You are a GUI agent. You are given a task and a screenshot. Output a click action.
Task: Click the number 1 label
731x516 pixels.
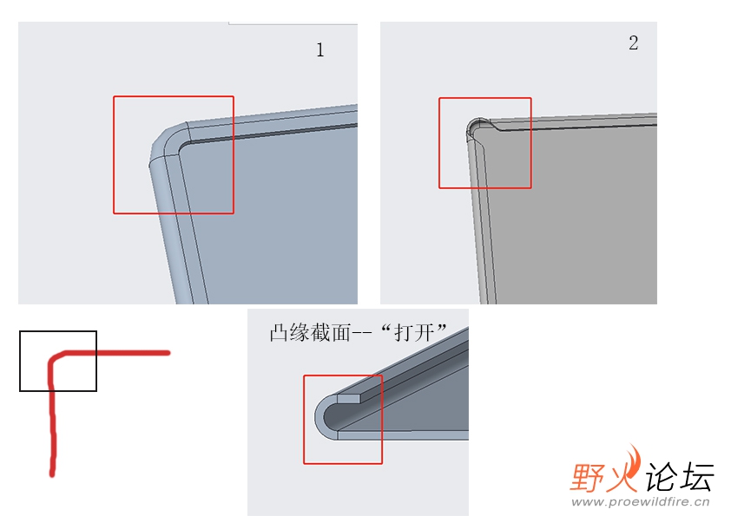(319, 49)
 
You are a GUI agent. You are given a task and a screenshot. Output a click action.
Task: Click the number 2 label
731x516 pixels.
(633, 42)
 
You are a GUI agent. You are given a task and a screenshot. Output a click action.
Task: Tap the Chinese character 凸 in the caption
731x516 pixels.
(279, 333)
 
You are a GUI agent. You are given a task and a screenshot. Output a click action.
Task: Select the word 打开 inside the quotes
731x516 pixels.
(414, 333)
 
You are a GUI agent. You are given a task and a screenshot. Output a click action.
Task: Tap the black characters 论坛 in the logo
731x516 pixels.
(680, 476)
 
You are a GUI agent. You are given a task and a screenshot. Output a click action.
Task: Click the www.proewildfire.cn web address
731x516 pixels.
(641, 501)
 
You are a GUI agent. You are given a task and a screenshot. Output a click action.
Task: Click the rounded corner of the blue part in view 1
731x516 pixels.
(166, 140)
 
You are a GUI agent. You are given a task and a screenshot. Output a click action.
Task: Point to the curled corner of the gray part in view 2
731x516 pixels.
(477, 127)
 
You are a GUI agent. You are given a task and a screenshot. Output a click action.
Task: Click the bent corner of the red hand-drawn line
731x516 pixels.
(55, 358)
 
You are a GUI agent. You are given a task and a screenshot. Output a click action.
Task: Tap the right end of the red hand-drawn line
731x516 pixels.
(168, 353)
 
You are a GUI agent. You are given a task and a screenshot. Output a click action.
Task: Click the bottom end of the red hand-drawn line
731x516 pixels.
(52, 474)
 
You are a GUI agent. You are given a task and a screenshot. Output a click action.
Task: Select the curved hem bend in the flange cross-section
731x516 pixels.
(323, 416)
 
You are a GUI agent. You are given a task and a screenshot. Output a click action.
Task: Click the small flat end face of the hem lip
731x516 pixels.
(349, 399)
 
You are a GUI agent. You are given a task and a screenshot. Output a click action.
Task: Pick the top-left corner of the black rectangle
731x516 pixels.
(20, 331)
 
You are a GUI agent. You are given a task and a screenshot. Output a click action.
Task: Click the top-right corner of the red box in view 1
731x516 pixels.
(234, 96)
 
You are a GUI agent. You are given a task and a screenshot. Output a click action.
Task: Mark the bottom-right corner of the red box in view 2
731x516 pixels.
(531, 188)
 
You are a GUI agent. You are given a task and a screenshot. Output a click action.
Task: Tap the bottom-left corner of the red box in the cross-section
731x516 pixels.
(304, 463)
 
